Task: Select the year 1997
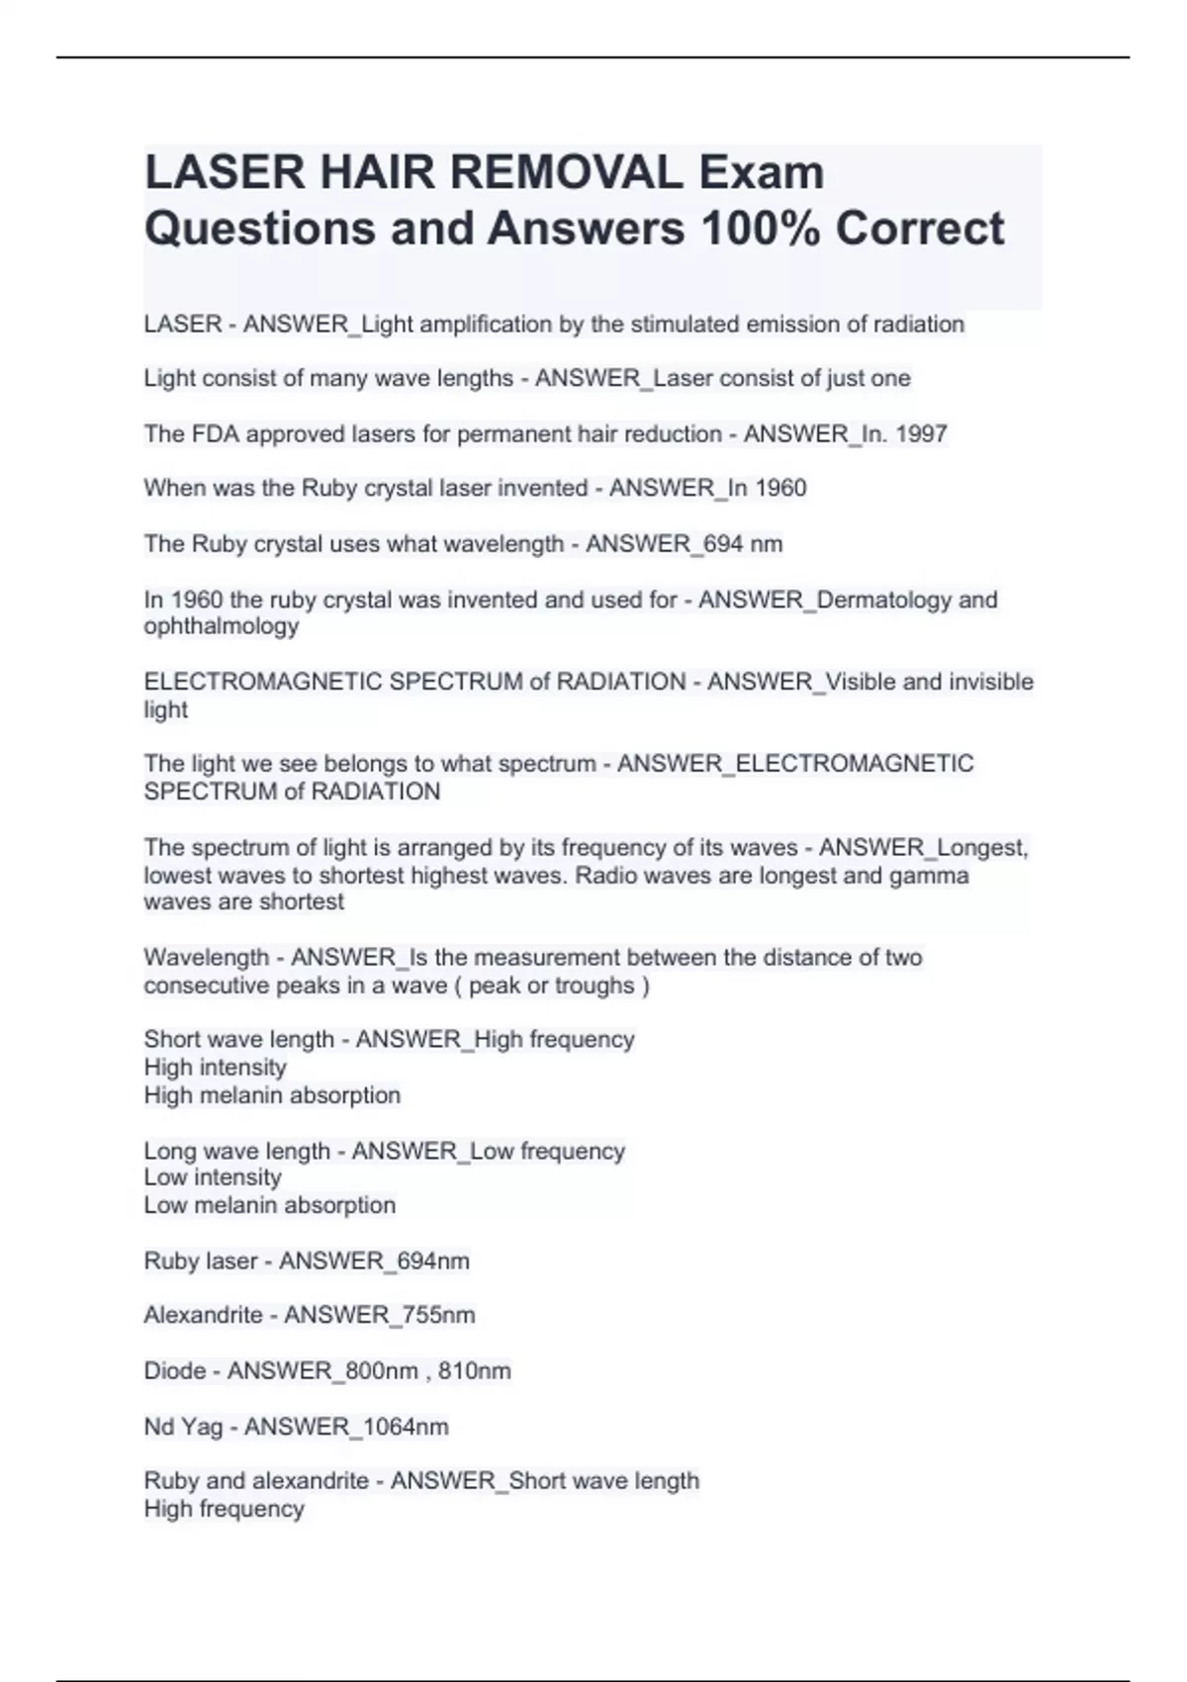921,433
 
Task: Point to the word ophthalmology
221,626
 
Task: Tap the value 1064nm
407,1427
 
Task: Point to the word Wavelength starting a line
206,958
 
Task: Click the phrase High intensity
215,1068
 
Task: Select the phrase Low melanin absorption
269,1205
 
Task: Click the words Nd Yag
183,1427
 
